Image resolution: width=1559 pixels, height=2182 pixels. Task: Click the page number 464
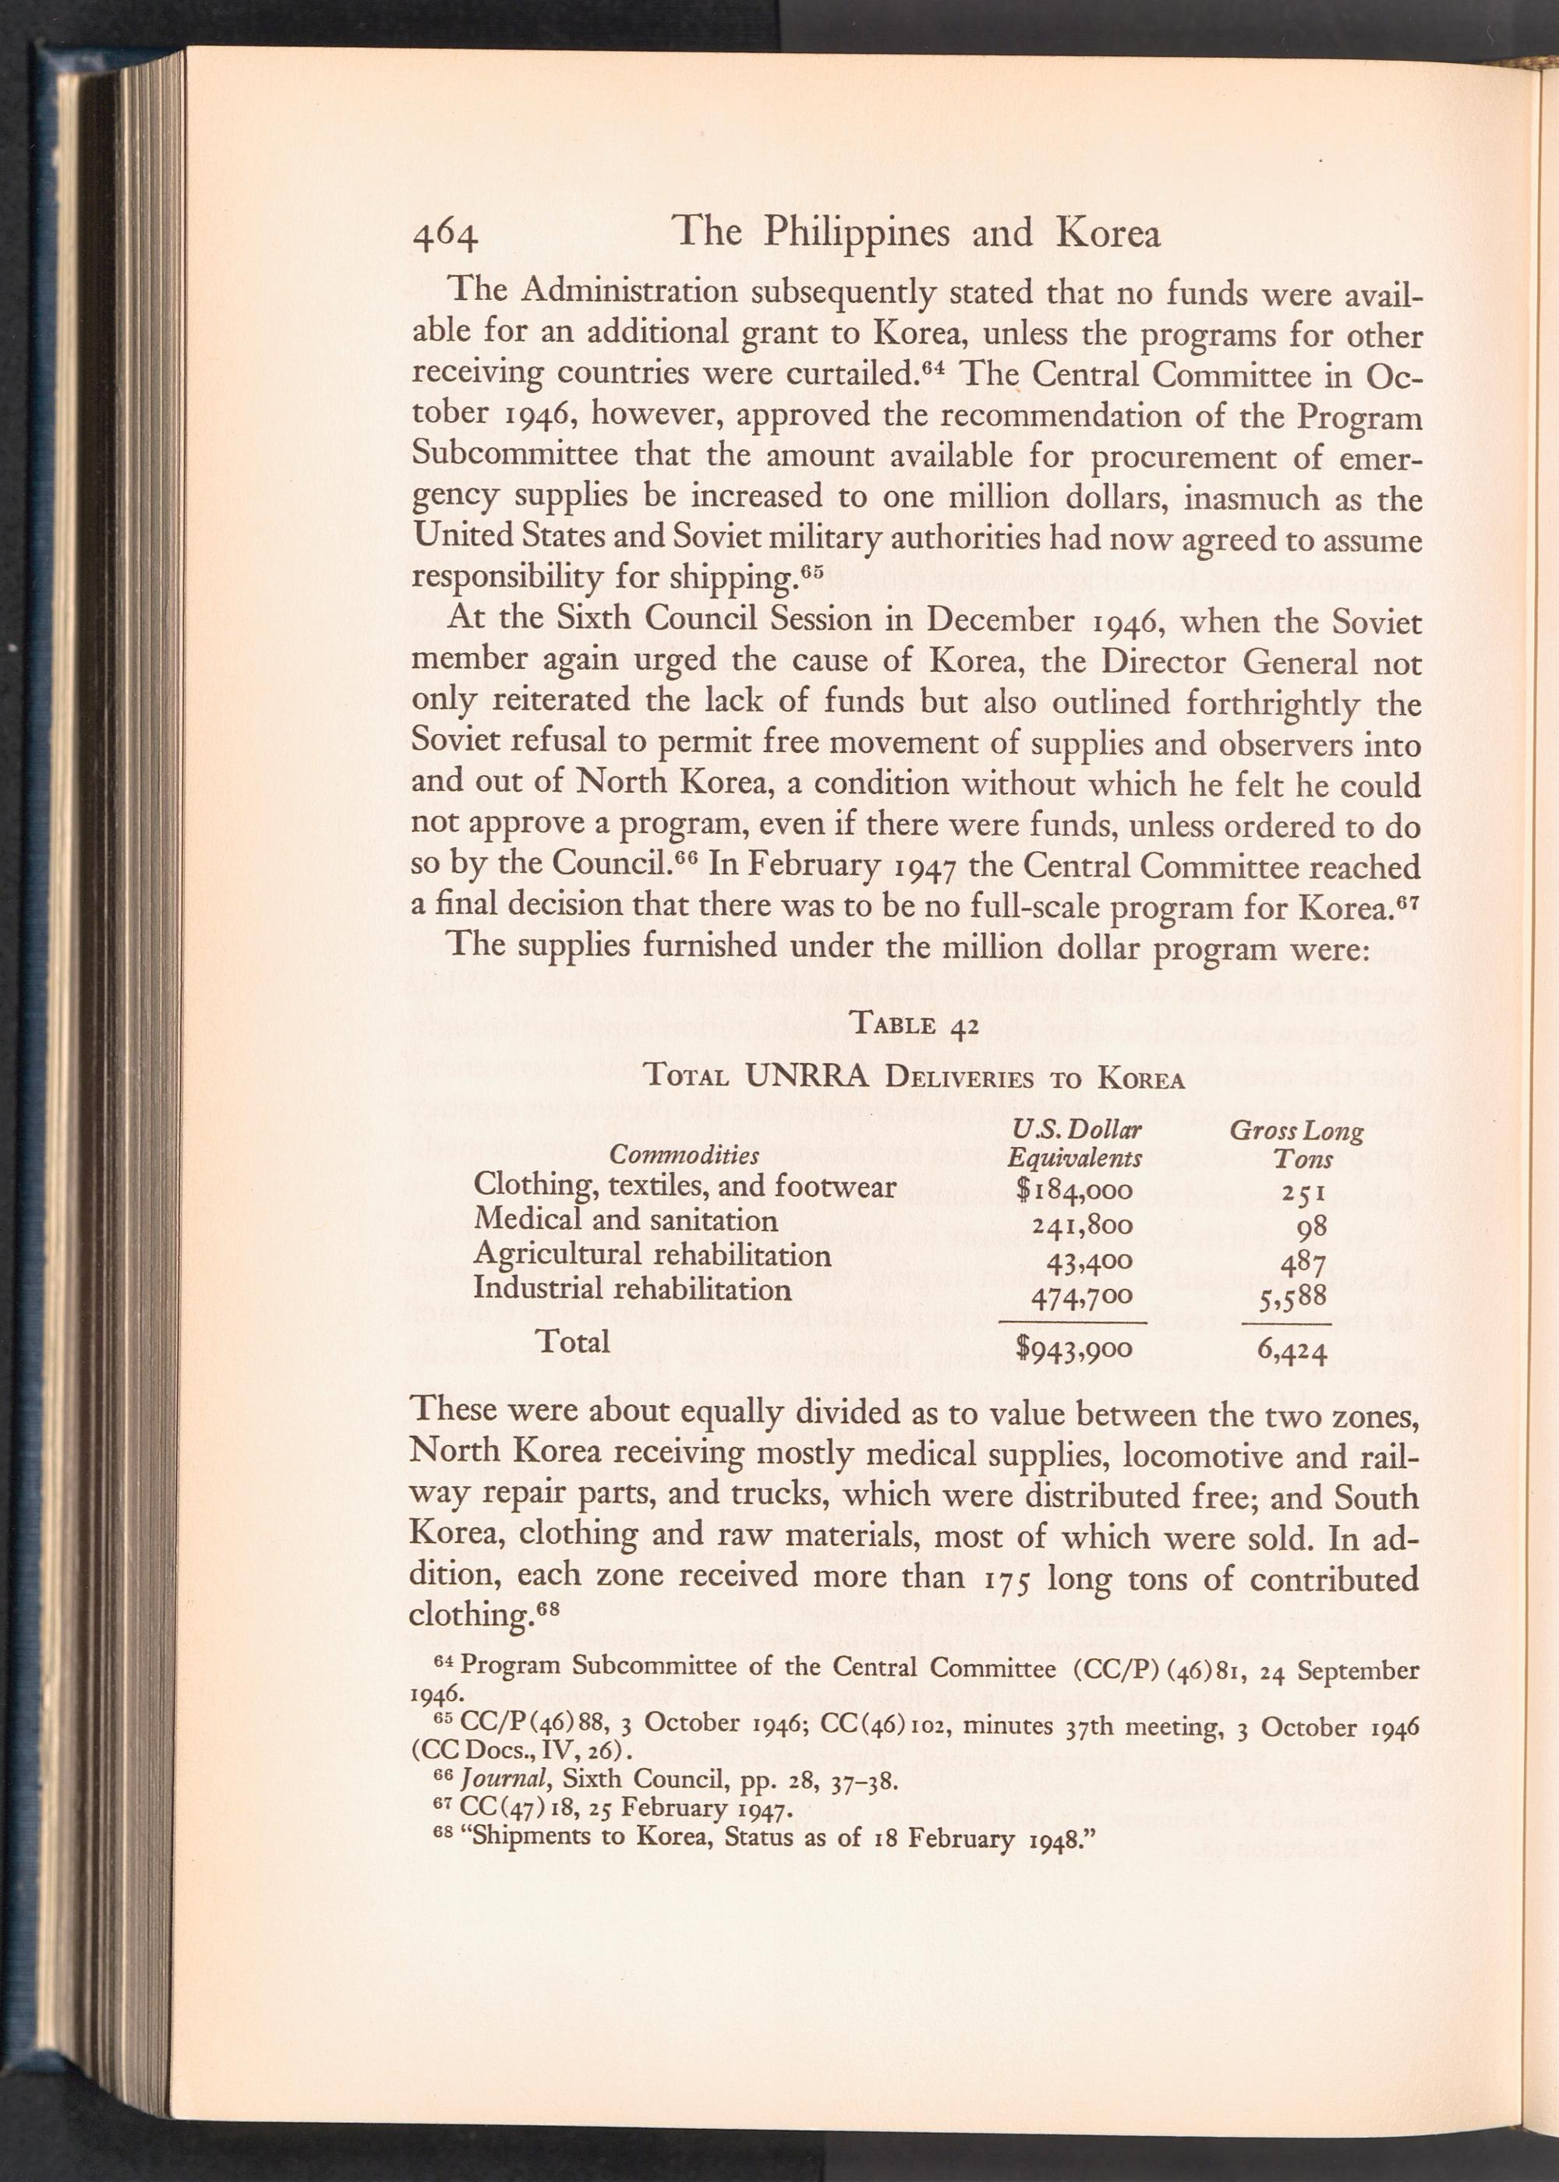click(444, 236)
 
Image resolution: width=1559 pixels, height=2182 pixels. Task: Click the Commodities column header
click(684, 1153)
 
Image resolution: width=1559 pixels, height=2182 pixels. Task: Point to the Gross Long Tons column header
click(1296, 1144)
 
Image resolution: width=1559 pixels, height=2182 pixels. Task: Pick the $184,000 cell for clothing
click(1075, 1191)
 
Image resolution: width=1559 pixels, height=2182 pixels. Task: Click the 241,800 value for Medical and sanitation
click(1082, 1225)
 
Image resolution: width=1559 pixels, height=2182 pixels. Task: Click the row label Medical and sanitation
click(625, 1220)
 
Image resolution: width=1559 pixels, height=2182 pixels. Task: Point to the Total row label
click(572, 1340)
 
